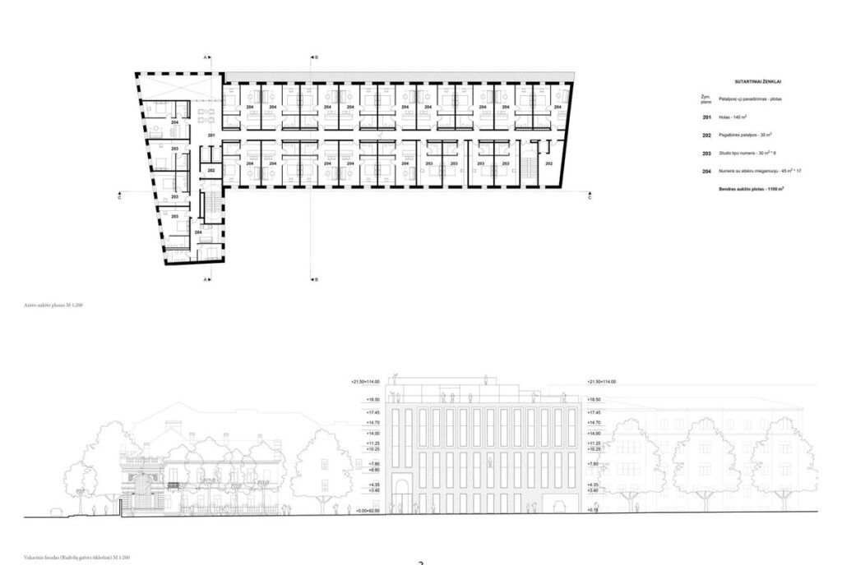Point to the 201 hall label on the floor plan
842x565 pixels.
pyautogui.click(x=211, y=135)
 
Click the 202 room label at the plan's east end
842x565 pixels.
pyautogui.click(x=549, y=163)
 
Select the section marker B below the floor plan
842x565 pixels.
pyautogui.click(x=316, y=279)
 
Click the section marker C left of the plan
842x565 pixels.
pyautogui.click(x=119, y=198)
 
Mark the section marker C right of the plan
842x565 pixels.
pyautogui.click(x=589, y=198)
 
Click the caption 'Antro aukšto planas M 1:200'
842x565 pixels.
pyautogui.click(x=54, y=305)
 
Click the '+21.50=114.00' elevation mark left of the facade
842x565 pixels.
pyautogui.click(x=367, y=382)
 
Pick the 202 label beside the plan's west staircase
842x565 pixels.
pyautogui.click(x=211, y=170)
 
